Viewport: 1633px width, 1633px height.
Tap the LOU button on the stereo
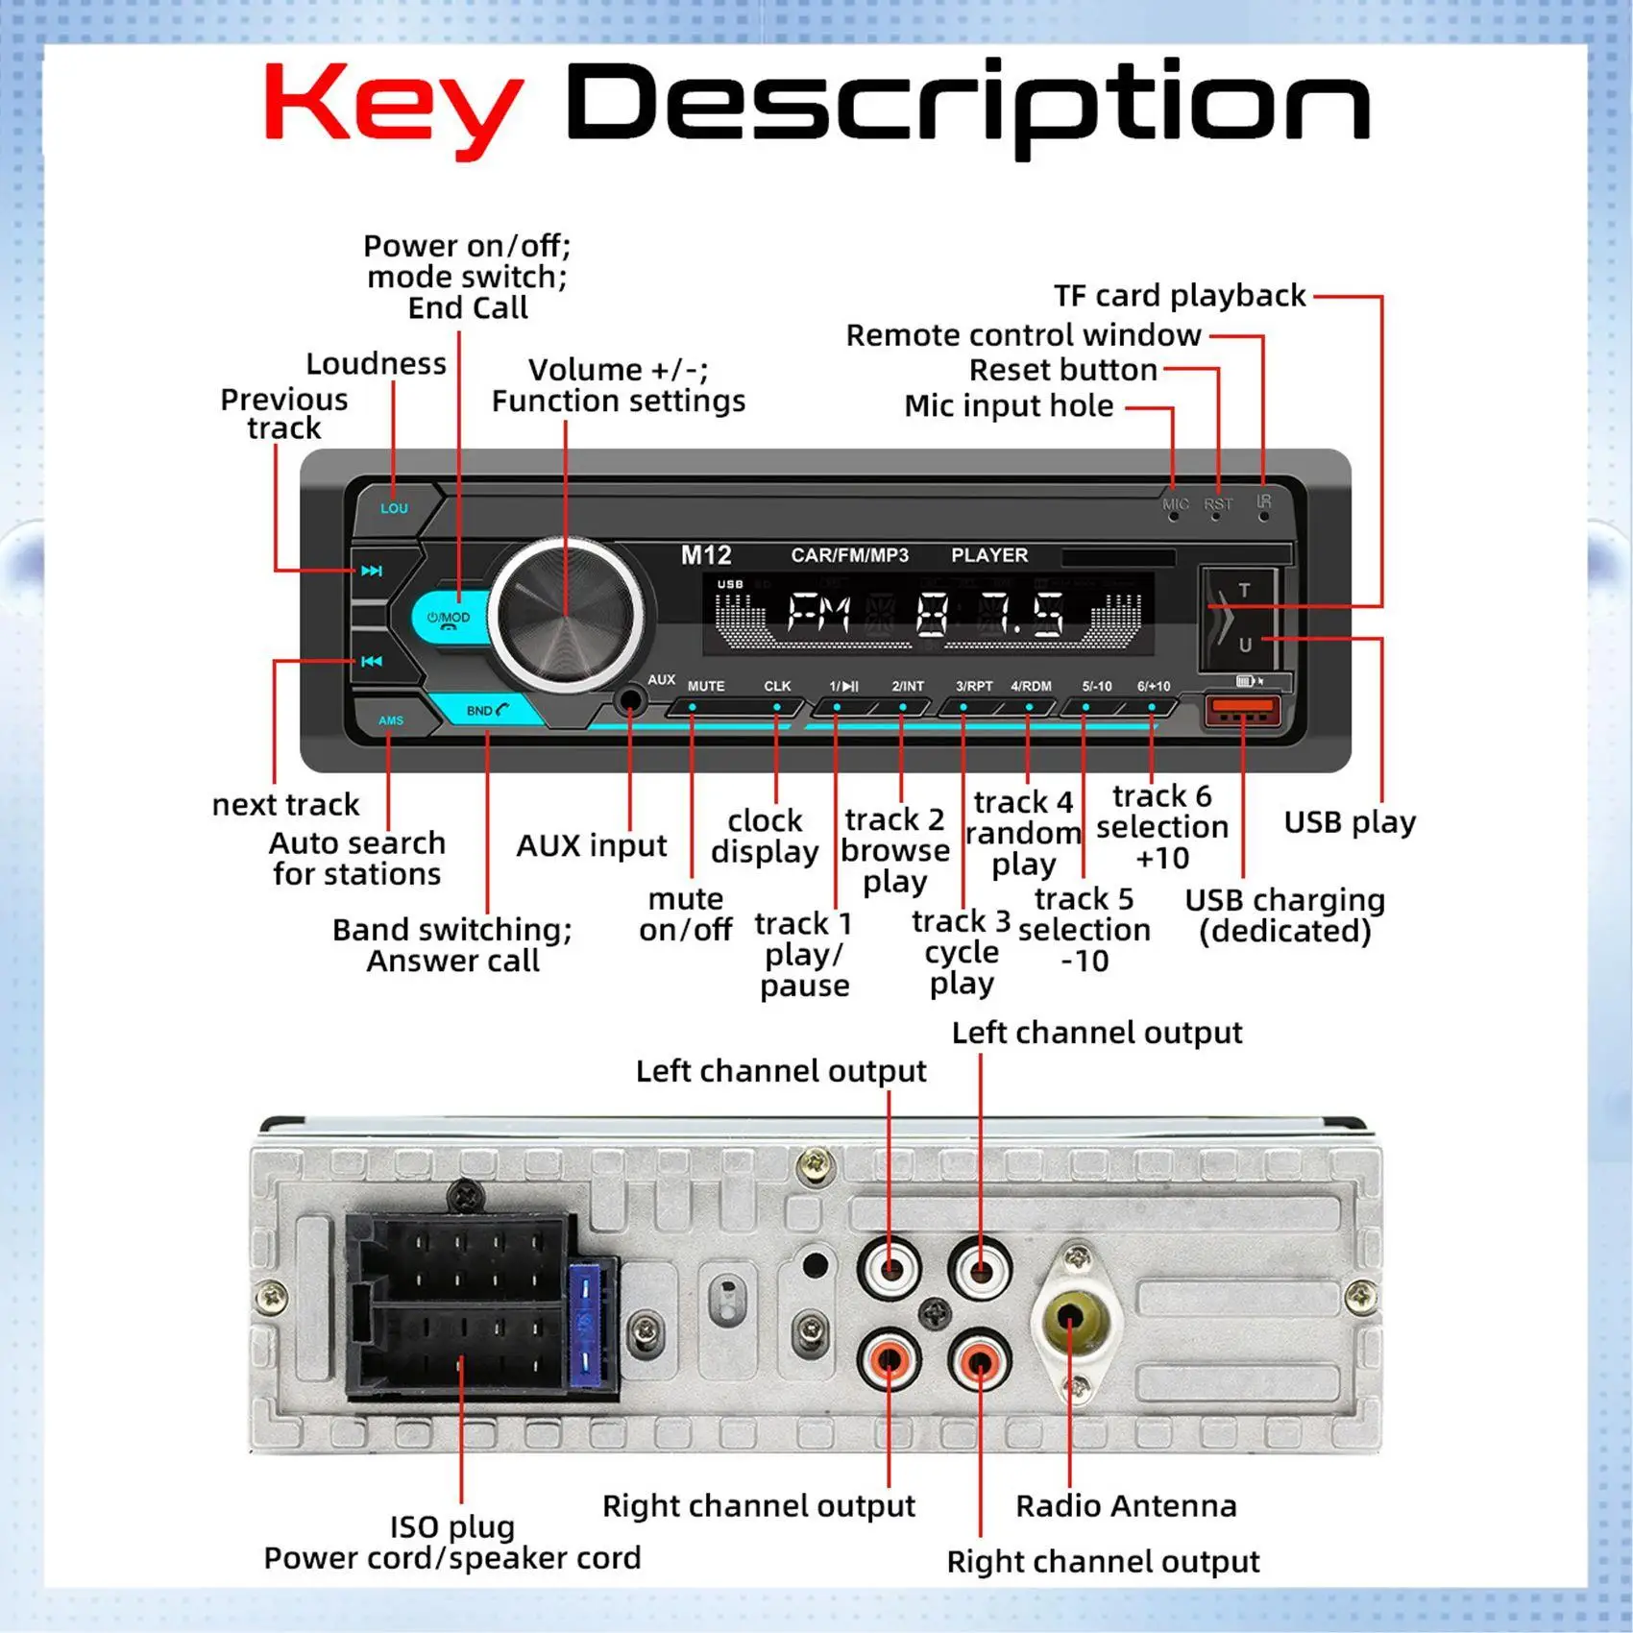[394, 508]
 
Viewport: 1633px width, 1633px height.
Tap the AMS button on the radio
[391, 720]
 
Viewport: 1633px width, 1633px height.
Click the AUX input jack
[630, 700]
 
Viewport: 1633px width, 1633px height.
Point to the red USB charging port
[1242, 712]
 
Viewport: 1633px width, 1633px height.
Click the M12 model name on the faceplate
[706, 555]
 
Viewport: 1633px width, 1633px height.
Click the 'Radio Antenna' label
[1126, 1505]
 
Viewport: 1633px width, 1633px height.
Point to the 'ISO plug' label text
[451, 1526]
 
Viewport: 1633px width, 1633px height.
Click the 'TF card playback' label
[1180, 296]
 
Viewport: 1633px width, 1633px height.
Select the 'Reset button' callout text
[1062, 370]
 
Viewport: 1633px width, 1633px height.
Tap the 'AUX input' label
[591, 845]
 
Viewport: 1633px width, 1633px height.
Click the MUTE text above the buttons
[706, 686]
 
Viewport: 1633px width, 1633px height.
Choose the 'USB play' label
[1350, 822]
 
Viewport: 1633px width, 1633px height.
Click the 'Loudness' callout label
[376, 364]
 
